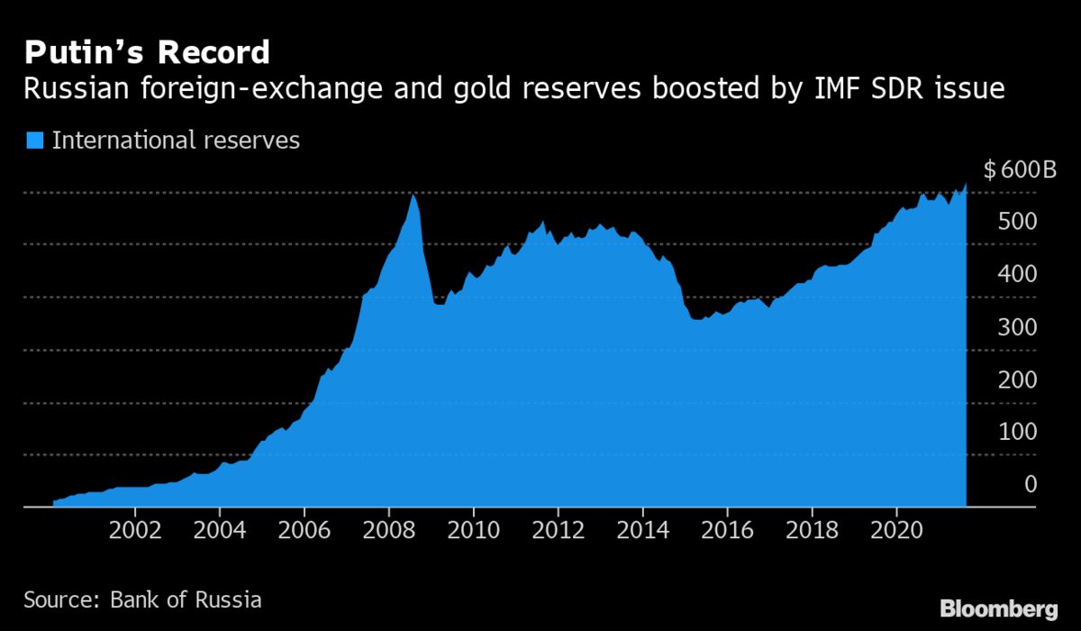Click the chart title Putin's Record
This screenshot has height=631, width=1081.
click(x=147, y=52)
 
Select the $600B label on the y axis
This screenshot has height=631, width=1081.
click(x=1019, y=169)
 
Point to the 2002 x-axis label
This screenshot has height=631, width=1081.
click(x=135, y=528)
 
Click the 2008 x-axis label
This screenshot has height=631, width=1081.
click(x=389, y=528)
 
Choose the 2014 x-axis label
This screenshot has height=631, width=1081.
click(x=643, y=528)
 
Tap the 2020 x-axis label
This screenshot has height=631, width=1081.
click(x=897, y=528)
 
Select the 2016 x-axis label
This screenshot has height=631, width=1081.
click(x=728, y=528)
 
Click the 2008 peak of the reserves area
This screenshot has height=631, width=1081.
click(x=413, y=195)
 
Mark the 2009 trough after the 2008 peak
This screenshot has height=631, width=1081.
click(x=439, y=304)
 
